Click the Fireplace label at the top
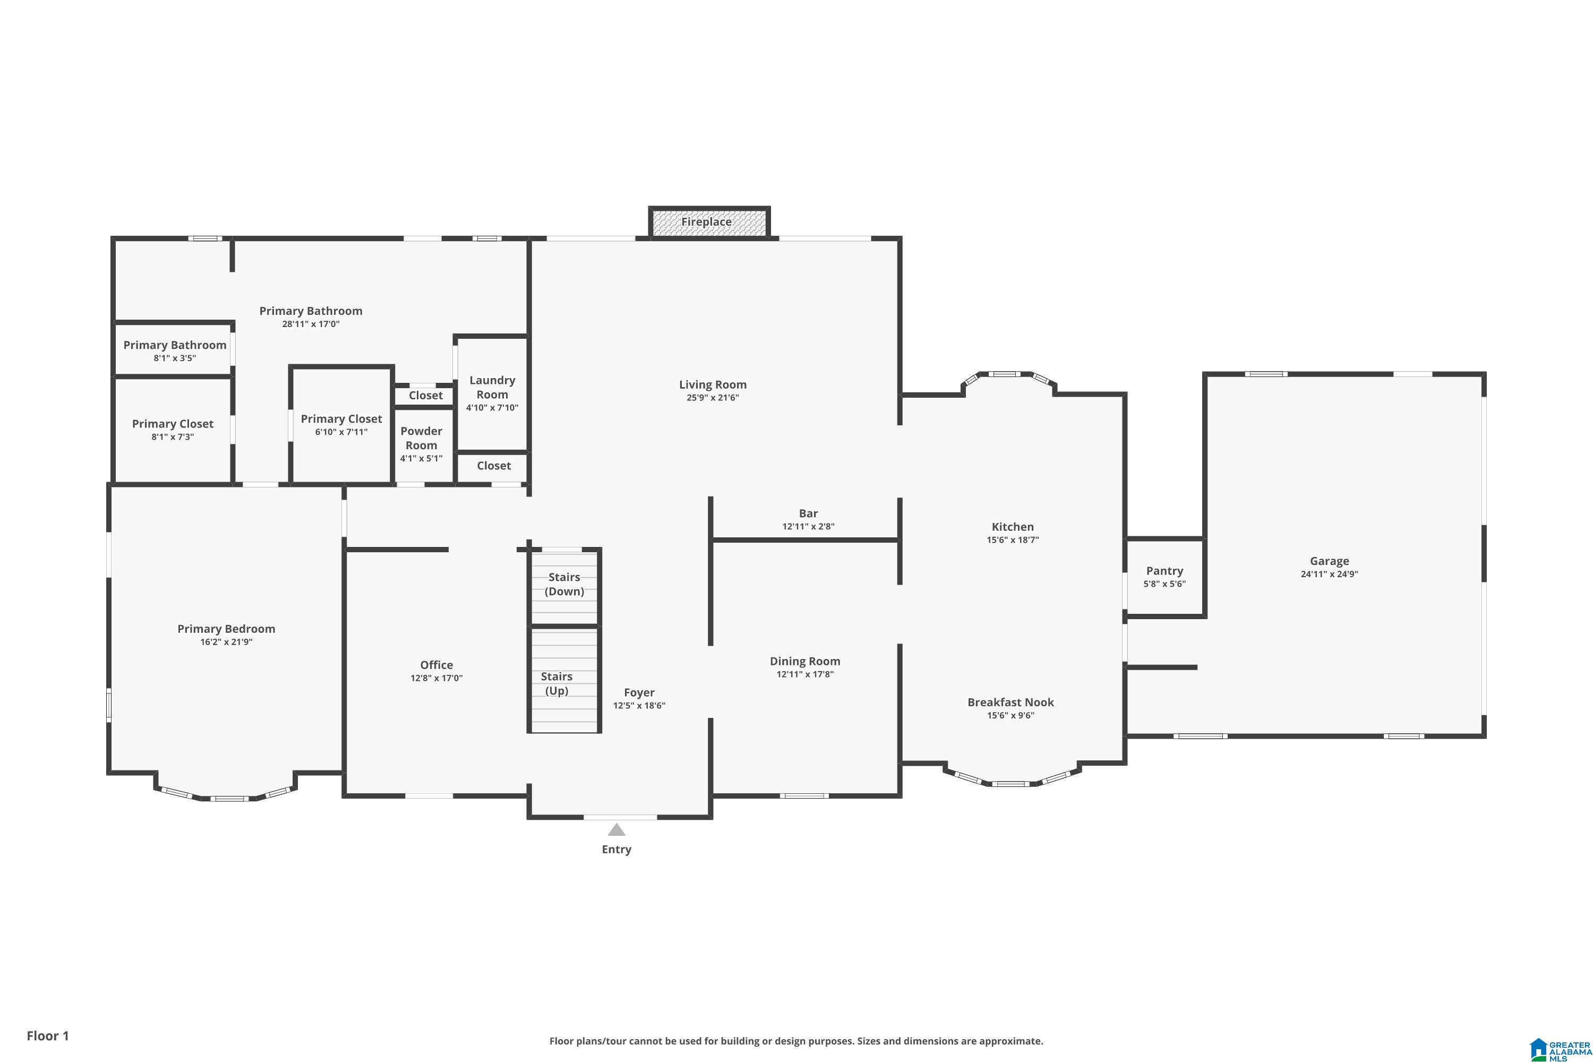[706, 222]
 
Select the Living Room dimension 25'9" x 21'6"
[713, 398]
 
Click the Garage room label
[1329, 561]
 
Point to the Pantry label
[1164, 571]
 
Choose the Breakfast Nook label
[1010, 703]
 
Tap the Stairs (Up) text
[556, 683]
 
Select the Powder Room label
[421, 438]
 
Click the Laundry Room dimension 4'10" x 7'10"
[492, 408]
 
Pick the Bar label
[808, 513]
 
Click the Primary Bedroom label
[226, 629]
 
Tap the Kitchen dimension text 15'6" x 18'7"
[1013, 540]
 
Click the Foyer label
[639, 693]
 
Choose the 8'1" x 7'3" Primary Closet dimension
[173, 437]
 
